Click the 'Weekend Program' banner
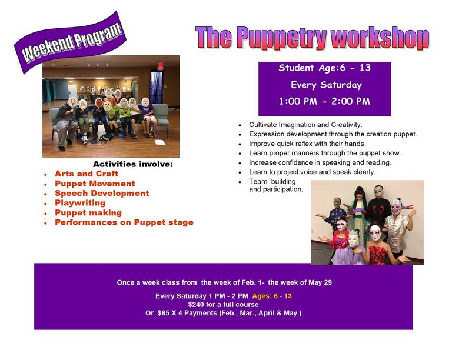coord(71,42)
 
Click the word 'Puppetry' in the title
coord(281,38)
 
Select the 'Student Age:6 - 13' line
coord(324,68)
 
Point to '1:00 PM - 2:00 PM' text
coord(324,101)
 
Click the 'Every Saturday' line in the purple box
coord(326,85)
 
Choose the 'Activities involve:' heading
coord(133,164)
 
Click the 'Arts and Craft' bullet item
coord(87,174)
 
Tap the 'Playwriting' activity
coord(80,203)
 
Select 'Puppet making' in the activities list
coord(88,213)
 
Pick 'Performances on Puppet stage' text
coord(124,222)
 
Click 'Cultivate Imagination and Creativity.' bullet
coord(305,125)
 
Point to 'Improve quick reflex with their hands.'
coord(307,144)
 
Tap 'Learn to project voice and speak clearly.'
coord(312,172)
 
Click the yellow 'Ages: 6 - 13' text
coord(272,296)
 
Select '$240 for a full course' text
coord(223,304)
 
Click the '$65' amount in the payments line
coord(163,313)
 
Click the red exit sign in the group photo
coord(160,66)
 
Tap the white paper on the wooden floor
coord(160,142)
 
